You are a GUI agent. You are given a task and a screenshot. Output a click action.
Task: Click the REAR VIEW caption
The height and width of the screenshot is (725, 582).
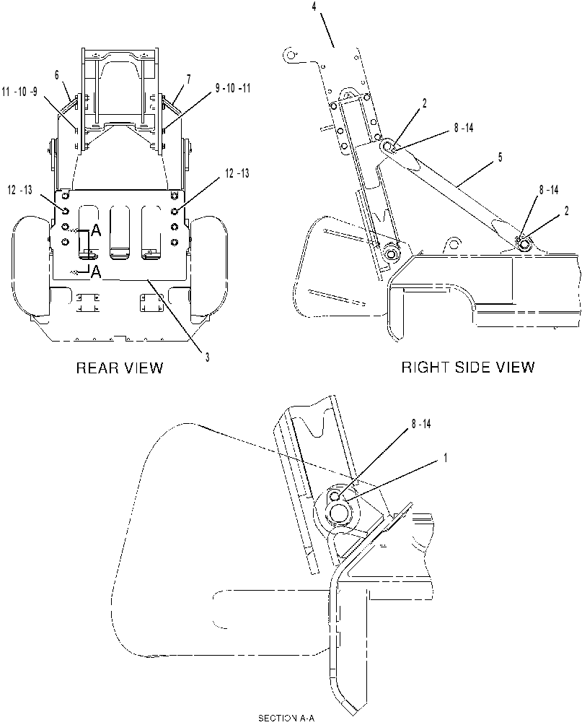point(120,368)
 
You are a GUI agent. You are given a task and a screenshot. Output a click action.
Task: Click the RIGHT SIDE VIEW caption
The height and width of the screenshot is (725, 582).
point(468,367)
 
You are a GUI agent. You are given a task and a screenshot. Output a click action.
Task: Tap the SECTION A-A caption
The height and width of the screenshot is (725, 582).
point(286,718)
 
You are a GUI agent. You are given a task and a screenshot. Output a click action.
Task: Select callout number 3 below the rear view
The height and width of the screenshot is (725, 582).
point(208,357)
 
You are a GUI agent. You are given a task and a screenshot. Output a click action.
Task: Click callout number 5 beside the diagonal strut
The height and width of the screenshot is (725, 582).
point(500,157)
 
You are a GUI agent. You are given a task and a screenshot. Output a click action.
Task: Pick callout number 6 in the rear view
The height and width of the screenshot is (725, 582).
point(57,75)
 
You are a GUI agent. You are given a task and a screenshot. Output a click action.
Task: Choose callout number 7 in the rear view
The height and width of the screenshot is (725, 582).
point(188,79)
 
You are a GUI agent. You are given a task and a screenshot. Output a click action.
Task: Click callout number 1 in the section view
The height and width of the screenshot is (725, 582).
point(445,458)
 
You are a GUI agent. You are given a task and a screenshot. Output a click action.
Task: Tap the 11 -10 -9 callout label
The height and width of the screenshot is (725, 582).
point(20,92)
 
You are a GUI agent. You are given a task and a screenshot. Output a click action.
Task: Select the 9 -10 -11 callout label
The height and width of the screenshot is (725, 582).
point(233,88)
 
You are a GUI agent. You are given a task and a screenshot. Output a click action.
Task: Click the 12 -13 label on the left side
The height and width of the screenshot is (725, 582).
point(20,190)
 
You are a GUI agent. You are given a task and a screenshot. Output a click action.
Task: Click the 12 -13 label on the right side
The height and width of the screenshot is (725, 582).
point(237,173)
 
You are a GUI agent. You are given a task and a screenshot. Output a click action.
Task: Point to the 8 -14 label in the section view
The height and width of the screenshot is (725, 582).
point(420,424)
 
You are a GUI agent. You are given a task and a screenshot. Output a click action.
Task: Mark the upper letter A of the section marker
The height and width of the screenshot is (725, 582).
point(96,231)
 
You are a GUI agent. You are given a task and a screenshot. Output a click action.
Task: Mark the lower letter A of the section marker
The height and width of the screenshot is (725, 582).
point(96,272)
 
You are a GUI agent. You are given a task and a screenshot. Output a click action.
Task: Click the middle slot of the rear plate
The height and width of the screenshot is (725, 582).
point(120,231)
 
